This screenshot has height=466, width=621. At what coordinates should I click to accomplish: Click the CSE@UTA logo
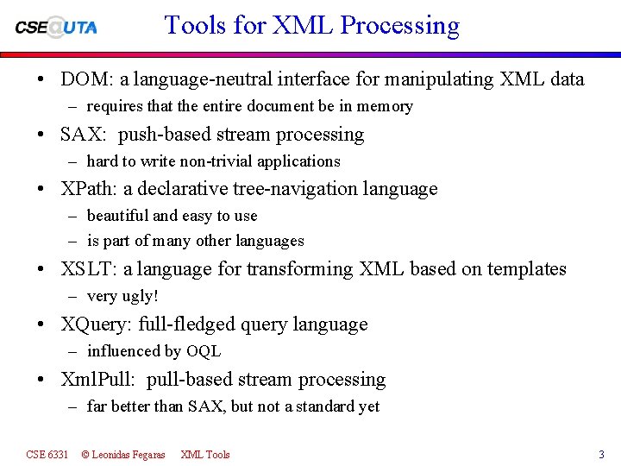pyautogui.click(x=56, y=26)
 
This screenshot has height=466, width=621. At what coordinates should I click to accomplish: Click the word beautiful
pyautogui.click(x=118, y=216)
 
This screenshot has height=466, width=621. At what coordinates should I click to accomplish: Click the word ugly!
pyautogui.click(x=140, y=297)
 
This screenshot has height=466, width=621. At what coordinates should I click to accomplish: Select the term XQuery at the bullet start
pyautogui.click(x=95, y=324)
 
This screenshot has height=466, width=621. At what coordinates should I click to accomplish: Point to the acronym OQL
pyautogui.click(x=204, y=351)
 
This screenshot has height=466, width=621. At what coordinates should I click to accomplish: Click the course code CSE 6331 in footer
pyautogui.click(x=47, y=454)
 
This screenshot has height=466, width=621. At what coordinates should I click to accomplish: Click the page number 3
pyautogui.click(x=601, y=454)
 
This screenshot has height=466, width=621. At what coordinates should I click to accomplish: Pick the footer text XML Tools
pyautogui.click(x=205, y=454)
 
